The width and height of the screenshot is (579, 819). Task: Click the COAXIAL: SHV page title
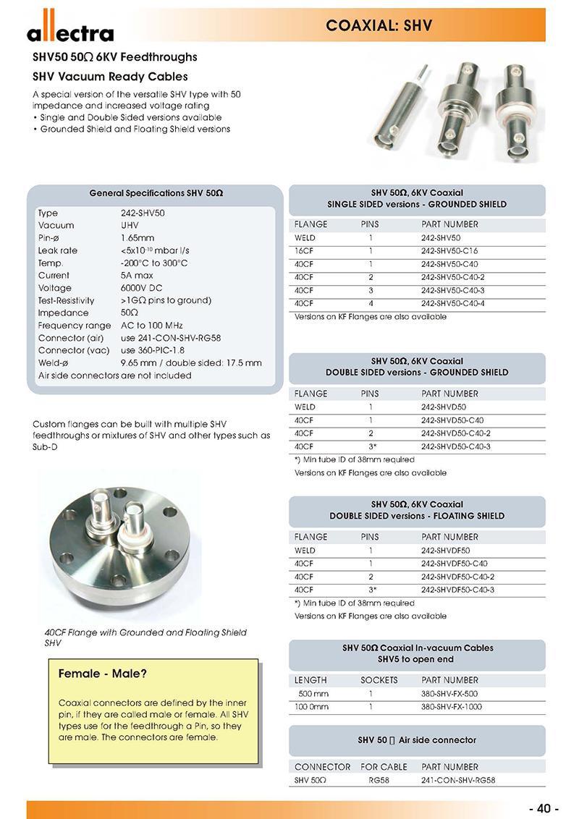click(x=379, y=26)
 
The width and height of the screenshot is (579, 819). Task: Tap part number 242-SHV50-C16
click(x=449, y=251)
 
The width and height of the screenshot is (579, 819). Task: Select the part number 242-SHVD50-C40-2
click(x=457, y=433)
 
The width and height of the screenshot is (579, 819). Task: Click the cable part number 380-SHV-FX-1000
click(x=451, y=707)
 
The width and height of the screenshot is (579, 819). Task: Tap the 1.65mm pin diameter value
click(x=137, y=238)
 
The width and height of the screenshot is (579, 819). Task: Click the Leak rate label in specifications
click(x=58, y=250)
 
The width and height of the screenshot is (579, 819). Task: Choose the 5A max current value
click(x=137, y=276)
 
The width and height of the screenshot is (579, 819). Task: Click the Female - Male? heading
click(x=103, y=674)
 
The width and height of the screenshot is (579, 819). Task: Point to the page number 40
click(x=544, y=808)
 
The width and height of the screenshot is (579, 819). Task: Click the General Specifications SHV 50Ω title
click(x=156, y=194)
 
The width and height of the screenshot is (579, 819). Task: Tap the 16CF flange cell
click(x=305, y=251)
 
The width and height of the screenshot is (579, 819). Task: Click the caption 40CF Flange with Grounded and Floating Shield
click(x=145, y=632)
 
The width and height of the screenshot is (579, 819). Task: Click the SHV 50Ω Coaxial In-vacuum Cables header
click(x=418, y=648)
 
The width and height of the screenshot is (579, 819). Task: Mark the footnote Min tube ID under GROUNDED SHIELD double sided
click(x=355, y=459)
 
